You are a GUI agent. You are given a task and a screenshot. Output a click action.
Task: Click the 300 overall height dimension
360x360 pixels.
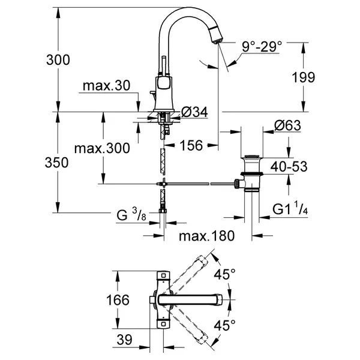(x=58, y=60)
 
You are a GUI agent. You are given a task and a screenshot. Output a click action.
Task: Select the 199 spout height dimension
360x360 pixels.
(x=303, y=77)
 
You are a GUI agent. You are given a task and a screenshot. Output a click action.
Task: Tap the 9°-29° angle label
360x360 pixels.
(x=262, y=47)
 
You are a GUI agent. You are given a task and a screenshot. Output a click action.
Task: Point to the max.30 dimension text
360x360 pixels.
(x=107, y=85)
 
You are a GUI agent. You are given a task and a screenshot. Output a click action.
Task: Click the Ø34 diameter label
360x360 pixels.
(x=194, y=112)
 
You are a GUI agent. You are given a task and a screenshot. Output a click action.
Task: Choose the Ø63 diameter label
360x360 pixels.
(x=287, y=125)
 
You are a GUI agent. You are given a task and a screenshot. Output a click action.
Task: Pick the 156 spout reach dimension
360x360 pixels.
(x=191, y=145)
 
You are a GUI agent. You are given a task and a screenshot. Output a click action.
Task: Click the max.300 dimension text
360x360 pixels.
(x=102, y=148)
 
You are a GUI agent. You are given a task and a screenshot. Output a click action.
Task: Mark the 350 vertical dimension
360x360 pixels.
(x=57, y=163)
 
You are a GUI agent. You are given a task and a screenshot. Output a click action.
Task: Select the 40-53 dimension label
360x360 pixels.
(x=289, y=166)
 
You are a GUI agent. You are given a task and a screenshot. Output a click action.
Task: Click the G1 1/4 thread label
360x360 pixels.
(x=290, y=208)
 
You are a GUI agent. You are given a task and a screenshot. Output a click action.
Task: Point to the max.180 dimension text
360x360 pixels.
(x=207, y=236)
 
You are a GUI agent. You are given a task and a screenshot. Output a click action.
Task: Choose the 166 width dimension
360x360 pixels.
(x=118, y=300)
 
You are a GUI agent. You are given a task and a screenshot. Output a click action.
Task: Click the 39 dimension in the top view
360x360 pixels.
(x=125, y=340)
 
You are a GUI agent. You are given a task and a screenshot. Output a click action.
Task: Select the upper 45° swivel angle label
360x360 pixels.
(x=225, y=274)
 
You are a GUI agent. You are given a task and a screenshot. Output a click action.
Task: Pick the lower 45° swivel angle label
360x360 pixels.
(x=225, y=325)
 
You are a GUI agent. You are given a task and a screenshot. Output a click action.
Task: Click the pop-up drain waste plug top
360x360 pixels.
(x=251, y=157)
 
